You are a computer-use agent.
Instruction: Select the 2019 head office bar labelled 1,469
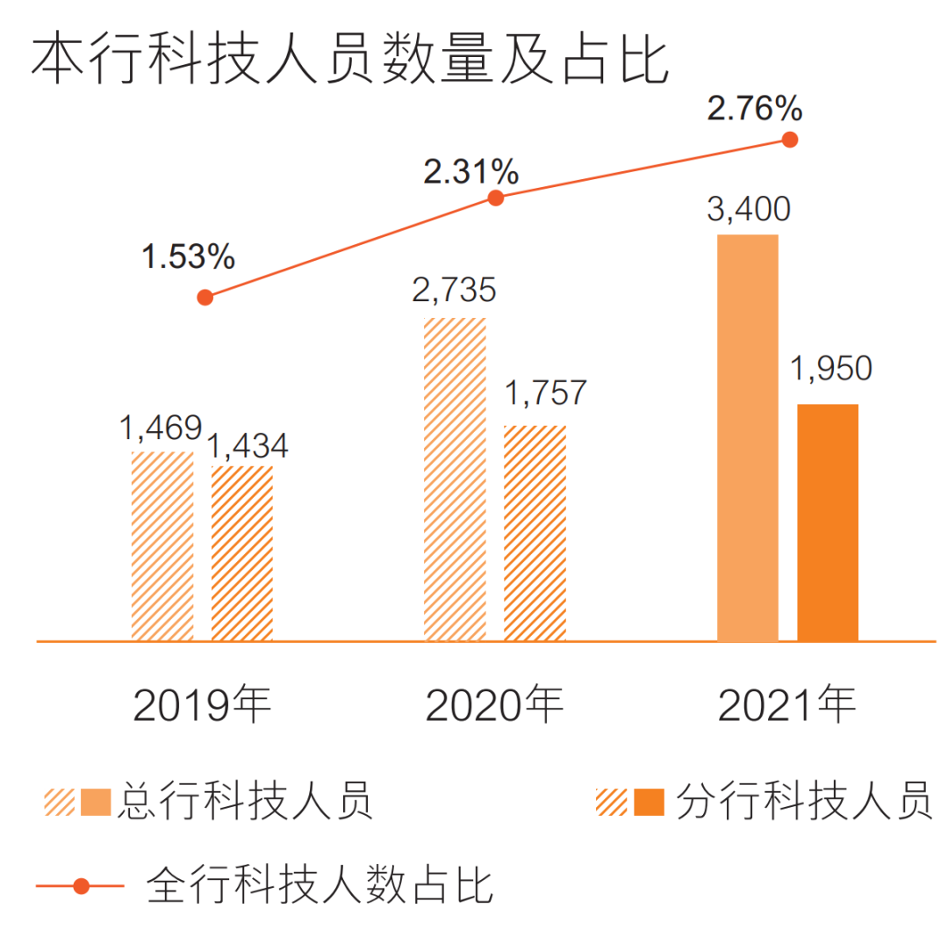(162, 546)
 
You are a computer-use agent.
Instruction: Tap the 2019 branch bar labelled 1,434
(242, 553)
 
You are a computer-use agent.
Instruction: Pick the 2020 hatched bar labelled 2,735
(455, 479)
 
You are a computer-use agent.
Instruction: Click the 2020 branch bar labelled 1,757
(535, 533)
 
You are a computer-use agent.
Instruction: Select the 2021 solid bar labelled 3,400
(748, 437)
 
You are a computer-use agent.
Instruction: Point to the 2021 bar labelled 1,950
(828, 523)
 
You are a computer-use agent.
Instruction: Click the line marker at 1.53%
(205, 297)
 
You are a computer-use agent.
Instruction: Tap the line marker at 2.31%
(496, 198)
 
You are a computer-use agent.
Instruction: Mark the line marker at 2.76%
(790, 139)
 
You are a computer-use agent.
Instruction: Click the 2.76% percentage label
(755, 109)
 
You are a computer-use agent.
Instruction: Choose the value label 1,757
(544, 393)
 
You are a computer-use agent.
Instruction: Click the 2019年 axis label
(203, 705)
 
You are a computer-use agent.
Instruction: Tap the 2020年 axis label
(494, 705)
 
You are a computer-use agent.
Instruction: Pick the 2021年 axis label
(786, 705)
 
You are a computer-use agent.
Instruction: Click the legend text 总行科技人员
(246, 800)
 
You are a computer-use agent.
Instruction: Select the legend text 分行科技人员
(804, 800)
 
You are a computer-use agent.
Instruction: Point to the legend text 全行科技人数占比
(320, 884)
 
